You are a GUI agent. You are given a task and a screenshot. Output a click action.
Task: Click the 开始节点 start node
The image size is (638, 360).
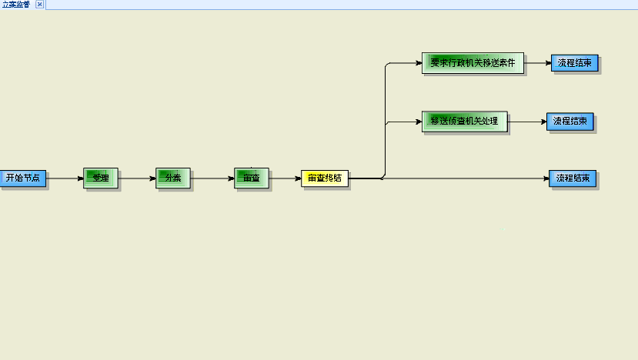tap(22, 178)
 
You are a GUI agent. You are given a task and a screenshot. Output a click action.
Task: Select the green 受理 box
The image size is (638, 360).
tap(101, 178)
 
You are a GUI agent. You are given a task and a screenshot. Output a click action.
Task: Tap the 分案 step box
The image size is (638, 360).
tap(172, 178)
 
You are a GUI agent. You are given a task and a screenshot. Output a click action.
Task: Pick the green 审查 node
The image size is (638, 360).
tap(252, 178)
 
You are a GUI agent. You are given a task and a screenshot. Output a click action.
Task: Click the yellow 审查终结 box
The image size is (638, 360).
tap(325, 178)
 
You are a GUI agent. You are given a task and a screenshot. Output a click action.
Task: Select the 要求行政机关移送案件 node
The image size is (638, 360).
tap(473, 63)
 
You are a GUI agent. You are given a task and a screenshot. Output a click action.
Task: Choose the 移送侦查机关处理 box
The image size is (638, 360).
tap(464, 121)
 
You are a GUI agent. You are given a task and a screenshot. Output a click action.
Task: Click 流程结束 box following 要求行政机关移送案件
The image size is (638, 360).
tap(574, 63)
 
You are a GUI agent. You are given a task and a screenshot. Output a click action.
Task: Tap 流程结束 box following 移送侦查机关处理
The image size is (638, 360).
tap(570, 121)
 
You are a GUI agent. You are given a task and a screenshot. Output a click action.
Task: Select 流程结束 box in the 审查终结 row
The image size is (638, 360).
tap(572, 178)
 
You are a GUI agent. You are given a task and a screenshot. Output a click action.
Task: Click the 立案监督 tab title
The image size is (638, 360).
tap(16, 5)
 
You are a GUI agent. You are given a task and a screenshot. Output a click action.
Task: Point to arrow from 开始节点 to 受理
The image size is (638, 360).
tap(65, 178)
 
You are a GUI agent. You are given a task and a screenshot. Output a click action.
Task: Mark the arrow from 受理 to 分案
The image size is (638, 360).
tap(138, 178)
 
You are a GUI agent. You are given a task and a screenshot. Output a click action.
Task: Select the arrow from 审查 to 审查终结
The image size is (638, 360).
tap(285, 178)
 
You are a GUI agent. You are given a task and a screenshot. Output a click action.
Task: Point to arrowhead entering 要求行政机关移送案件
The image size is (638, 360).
tap(417, 63)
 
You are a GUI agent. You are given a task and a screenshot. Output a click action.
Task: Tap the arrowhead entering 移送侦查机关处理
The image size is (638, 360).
tap(417, 121)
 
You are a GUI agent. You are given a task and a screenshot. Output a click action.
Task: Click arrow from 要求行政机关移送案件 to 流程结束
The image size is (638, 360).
tap(537, 63)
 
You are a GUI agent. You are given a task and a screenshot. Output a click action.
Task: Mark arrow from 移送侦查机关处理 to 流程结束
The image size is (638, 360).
tap(527, 121)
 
